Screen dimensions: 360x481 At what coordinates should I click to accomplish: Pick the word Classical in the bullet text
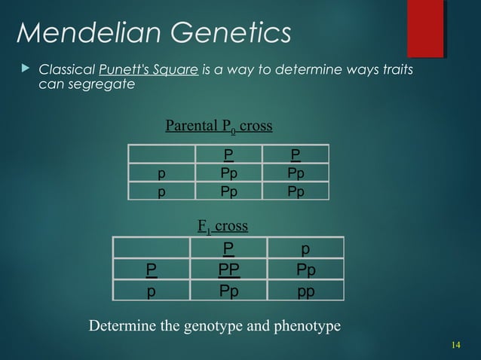pos(66,70)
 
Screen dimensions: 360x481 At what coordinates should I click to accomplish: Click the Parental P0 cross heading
pos(219,126)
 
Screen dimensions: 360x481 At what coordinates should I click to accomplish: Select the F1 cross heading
pos(222,225)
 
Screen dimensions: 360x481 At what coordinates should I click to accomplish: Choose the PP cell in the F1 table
pos(228,269)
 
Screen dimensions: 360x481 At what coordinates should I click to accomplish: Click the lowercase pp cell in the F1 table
pos(305,290)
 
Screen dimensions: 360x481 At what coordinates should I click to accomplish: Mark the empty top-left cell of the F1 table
pos(152,248)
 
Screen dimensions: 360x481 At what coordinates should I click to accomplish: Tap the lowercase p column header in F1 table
pos(305,248)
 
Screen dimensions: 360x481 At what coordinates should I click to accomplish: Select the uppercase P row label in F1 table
pos(152,269)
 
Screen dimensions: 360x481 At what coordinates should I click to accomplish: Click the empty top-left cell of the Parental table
pos(161,155)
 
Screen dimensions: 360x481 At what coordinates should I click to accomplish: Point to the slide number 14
pos(455,345)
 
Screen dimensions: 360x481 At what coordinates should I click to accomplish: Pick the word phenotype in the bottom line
pos(310,326)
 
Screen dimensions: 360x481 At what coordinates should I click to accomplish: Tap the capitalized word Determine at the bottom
pos(121,326)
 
